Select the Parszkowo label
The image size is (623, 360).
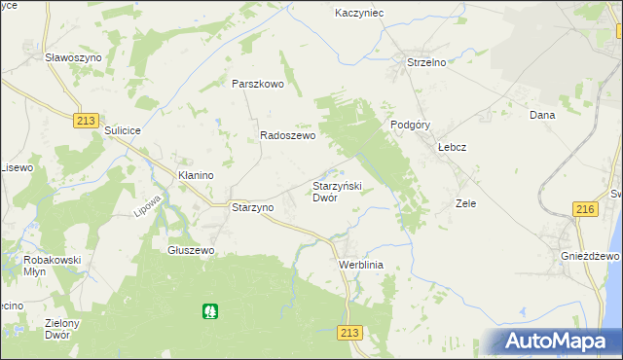click(257, 84)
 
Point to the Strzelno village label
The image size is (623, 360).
click(425, 63)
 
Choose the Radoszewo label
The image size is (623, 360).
click(287, 137)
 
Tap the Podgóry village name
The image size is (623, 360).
click(410, 125)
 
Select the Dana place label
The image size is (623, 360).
click(541, 115)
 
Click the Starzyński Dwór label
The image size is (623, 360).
click(337, 191)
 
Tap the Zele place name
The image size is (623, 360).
click(465, 204)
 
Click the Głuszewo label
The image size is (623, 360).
click(190, 250)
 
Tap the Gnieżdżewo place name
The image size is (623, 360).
click(590, 256)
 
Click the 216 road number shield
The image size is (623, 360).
click(584, 209)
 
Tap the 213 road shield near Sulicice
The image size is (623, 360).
click(84, 120)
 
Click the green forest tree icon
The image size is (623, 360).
click(209, 311)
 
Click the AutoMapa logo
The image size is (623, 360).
click(559, 342)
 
